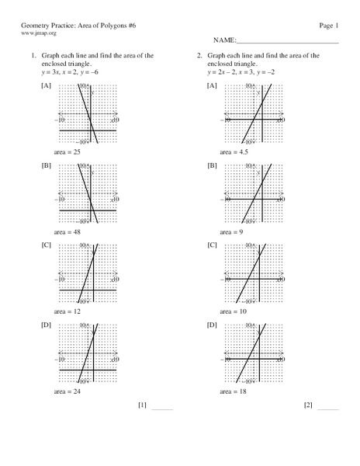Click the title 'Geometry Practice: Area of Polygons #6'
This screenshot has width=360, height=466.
pyautogui.click(x=74, y=26)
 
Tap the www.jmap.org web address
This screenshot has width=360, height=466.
pyautogui.click(x=38, y=34)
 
